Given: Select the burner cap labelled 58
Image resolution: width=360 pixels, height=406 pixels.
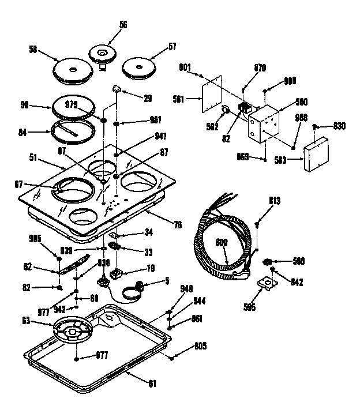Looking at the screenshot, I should (72, 70).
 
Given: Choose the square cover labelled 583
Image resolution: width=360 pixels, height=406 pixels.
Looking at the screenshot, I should (316, 153).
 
